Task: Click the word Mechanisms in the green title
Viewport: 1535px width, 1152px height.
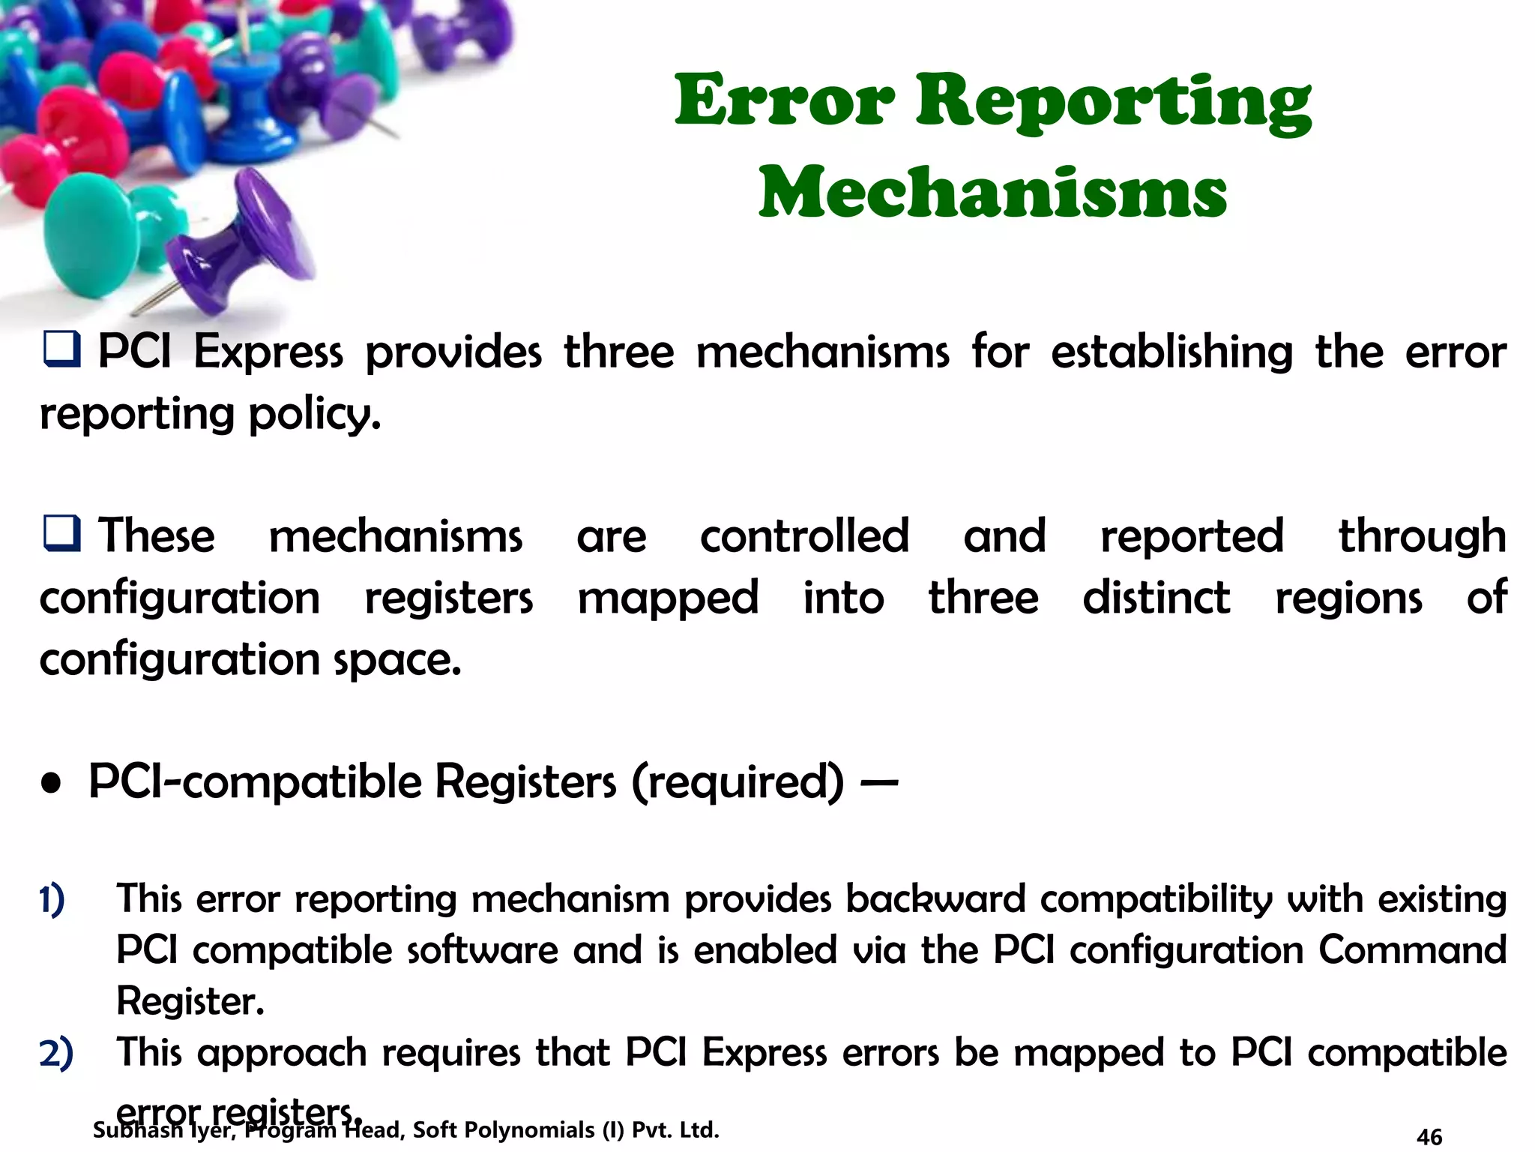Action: click(x=992, y=193)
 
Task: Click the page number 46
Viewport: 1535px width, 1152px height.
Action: click(x=1429, y=1137)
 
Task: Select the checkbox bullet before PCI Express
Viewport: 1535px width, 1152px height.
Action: click(x=61, y=350)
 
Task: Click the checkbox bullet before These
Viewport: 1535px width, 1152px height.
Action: click(x=61, y=534)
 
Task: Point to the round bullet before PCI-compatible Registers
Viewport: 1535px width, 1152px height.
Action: click(x=51, y=784)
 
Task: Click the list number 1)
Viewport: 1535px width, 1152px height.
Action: click(x=52, y=899)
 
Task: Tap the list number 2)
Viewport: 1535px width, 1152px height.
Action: click(x=56, y=1052)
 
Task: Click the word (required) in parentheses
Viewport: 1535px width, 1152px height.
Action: click(x=738, y=782)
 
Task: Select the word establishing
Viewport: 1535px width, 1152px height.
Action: click(x=1171, y=352)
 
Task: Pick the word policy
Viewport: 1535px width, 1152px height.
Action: click(x=315, y=414)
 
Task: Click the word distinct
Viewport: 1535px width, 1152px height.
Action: click(x=1156, y=598)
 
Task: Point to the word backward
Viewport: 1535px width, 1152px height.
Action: click(x=935, y=898)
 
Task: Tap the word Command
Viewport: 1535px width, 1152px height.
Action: click(x=1412, y=950)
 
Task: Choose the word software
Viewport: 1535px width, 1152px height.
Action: click(x=483, y=950)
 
